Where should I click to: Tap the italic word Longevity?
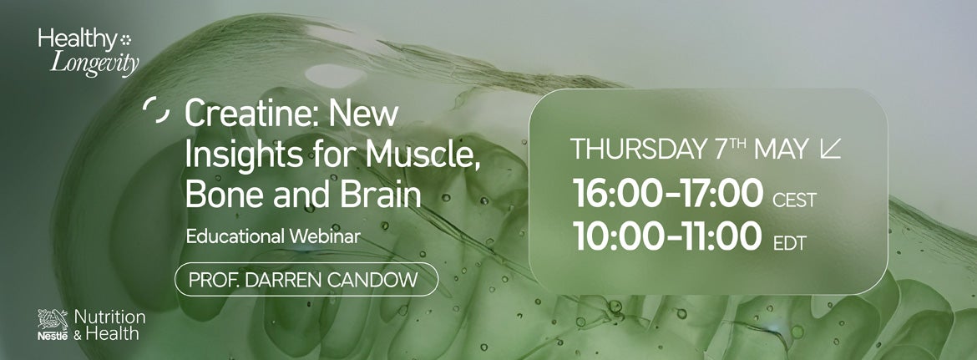(x=94, y=63)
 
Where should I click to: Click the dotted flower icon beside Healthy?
(x=126, y=38)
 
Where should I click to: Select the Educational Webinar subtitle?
(x=273, y=236)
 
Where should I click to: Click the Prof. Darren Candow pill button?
(x=306, y=279)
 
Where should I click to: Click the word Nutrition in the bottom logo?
(x=109, y=317)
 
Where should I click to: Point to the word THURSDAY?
(x=638, y=150)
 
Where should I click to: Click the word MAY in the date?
(x=781, y=150)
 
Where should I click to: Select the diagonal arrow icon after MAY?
(x=831, y=150)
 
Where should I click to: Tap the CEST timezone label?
(x=793, y=200)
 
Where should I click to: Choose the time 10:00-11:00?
(x=667, y=236)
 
